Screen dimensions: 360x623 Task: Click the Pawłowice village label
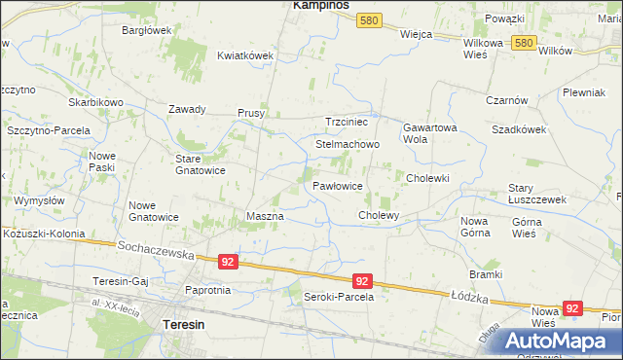coord(338,185)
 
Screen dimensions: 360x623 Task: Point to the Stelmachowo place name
coord(348,144)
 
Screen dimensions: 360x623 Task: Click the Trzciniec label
coord(346,122)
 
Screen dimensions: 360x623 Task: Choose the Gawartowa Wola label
coord(429,132)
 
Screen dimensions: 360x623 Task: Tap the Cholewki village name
coord(426,178)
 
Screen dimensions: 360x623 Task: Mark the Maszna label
coord(265,215)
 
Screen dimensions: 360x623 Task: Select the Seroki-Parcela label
coord(339,296)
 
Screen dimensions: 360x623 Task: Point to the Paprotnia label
coord(207,289)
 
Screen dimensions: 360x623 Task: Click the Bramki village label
coord(485,274)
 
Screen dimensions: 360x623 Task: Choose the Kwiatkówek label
coord(245,55)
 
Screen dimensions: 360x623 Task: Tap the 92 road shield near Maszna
coord(228,262)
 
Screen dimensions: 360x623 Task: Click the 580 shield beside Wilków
coord(525,43)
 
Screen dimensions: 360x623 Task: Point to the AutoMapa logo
coord(557,341)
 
